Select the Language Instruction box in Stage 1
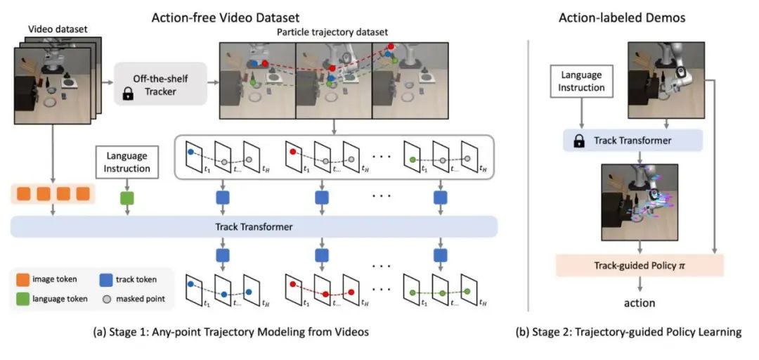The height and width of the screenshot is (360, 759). coord(127,162)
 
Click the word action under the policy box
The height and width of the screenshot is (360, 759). coord(638,303)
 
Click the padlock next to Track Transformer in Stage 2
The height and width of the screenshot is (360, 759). coord(579,141)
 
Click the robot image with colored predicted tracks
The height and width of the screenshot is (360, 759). coord(639,202)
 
